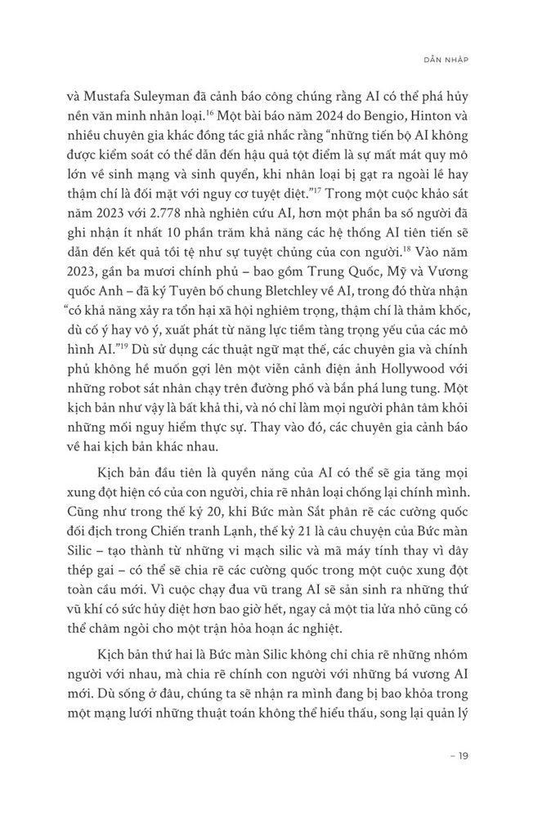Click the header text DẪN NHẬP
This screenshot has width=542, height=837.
[x=458, y=59]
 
